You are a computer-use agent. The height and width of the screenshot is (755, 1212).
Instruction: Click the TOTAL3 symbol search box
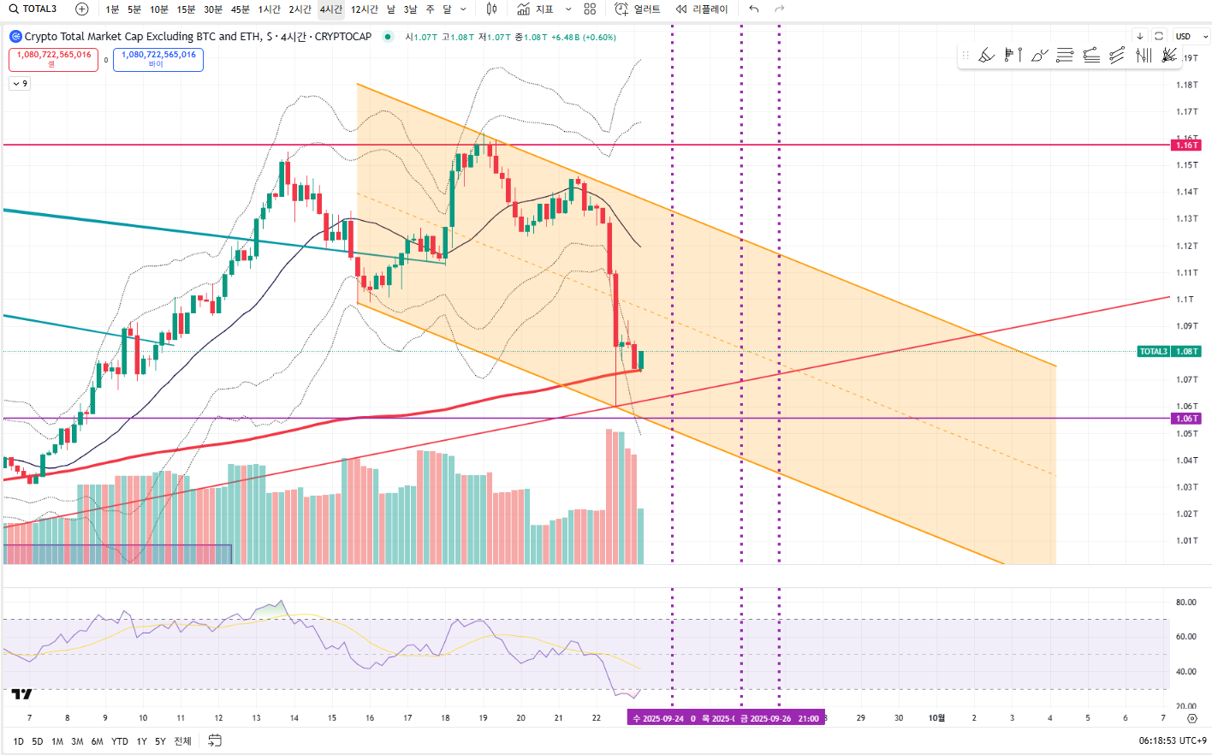pyautogui.click(x=33, y=9)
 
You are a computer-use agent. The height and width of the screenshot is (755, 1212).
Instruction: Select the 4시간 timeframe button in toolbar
pyautogui.click(x=330, y=9)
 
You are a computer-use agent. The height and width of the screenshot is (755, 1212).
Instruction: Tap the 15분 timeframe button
pyautogui.click(x=186, y=9)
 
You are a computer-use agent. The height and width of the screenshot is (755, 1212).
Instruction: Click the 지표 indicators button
pyautogui.click(x=536, y=9)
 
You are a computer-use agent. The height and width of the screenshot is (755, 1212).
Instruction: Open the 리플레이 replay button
pyautogui.click(x=702, y=9)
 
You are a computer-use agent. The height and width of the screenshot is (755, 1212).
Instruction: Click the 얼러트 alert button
pyautogui.click(x=639, y=9)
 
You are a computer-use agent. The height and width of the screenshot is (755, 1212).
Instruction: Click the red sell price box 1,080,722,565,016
pyautogui.click(x=54, y=58)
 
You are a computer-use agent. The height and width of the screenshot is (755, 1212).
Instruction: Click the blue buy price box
pyautogui.click(x=158, y=58)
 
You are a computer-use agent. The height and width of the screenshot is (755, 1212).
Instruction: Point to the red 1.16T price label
pyautogui.click(x=1186, y=146)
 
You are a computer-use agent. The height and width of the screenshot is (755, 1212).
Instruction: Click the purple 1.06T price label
pyautogui.click(x=1186, y=419)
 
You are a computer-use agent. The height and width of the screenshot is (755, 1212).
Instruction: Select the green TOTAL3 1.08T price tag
pyautogui.click(x=1169, y=352)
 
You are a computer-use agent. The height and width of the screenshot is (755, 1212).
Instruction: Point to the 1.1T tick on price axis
pyautogui.click(x=1185, y=300)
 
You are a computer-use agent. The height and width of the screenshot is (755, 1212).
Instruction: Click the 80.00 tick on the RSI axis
pyautogui.click(x=1185, y=603)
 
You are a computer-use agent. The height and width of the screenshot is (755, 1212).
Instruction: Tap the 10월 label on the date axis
pyautogui.click(x=936, y=718)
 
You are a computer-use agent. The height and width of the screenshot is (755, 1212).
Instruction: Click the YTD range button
pyautogui.click(x=120, y=741)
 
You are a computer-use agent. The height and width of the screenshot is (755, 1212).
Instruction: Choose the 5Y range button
pyautogui.click(x=160, y=741)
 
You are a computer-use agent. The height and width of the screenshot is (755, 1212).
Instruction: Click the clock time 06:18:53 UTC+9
pyautogui.click(x=1173, y=740)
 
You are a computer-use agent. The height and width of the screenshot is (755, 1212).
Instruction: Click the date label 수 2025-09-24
pyautogui.click(x=658, y=718)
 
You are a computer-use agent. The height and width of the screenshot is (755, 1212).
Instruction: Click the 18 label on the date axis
pyautogui.click(x=445, y=718)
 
